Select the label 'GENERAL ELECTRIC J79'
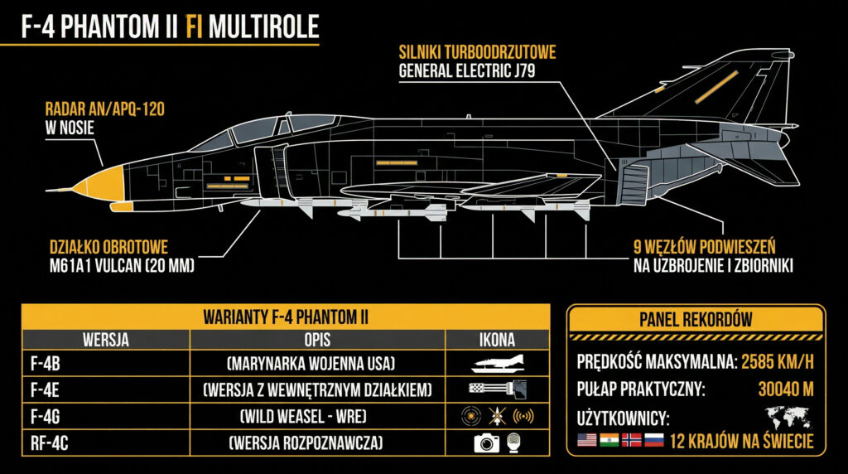pos(467,71)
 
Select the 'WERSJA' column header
pos(105,340)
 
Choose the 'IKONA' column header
pos(497,340)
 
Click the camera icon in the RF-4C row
pos(485,443)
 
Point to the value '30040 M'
pos(786,388)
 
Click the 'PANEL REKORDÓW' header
pos(696,319)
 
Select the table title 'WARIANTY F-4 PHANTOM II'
pos(286,317)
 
